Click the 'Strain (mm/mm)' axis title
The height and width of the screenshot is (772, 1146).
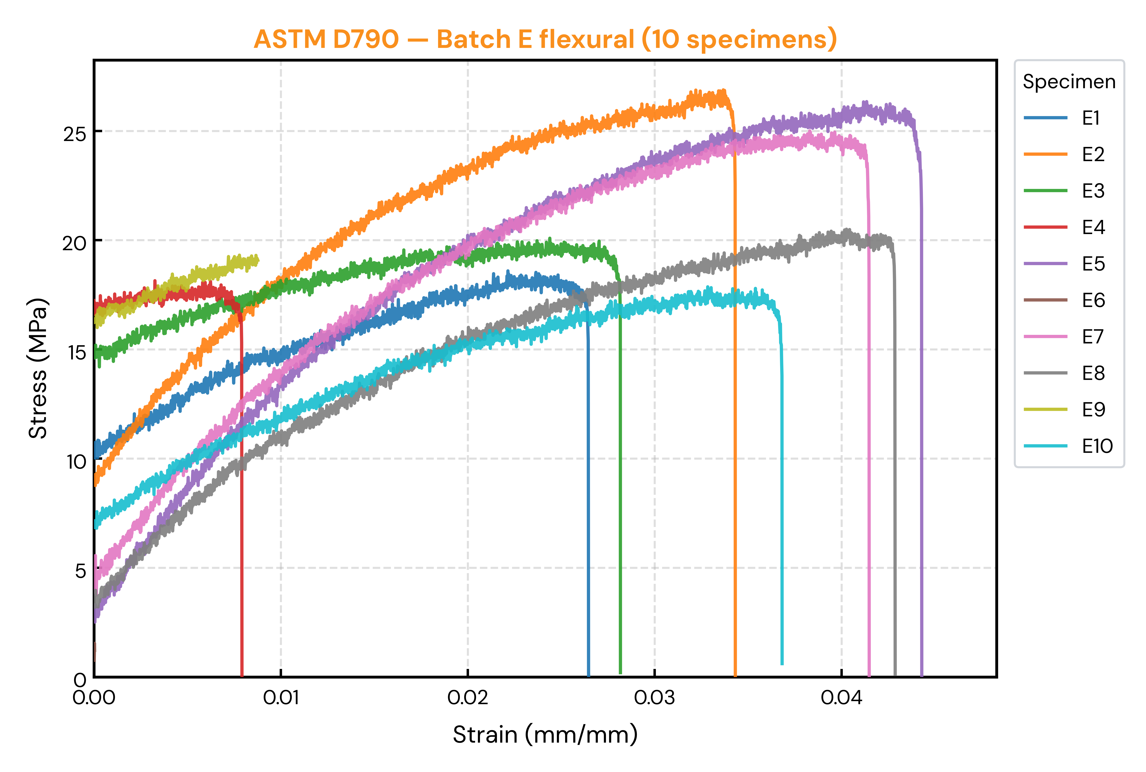tap(545, 735)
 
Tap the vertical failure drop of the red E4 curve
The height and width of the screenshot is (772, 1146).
tap(242, 492)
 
